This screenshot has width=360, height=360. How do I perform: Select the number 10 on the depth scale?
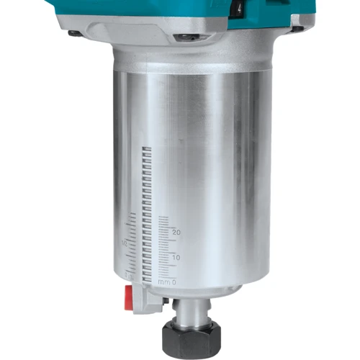point(176,258)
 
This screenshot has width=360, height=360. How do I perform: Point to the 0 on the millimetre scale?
point(174,282)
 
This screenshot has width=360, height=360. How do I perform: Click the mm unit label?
point(164,282)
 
